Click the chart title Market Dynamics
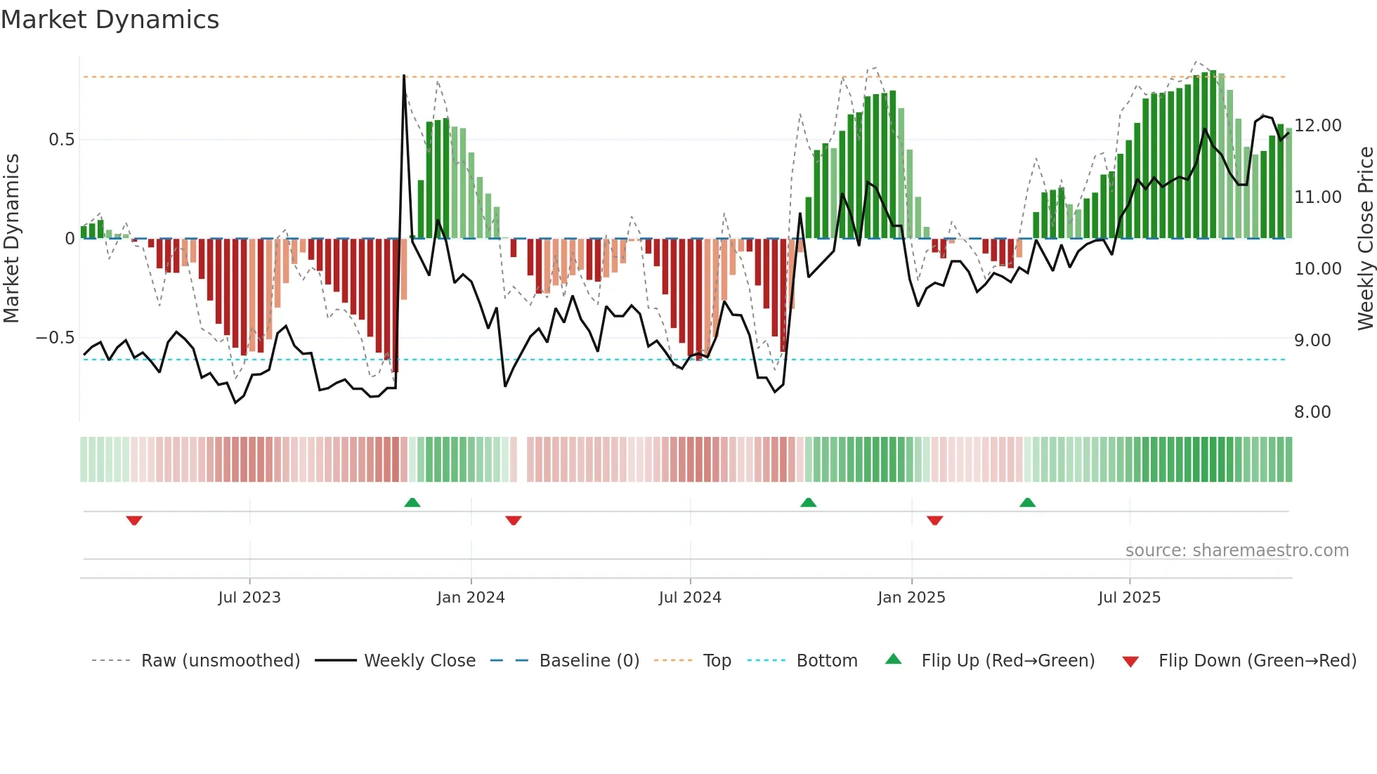[110, 20]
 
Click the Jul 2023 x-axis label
[249, 598]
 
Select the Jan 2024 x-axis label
[471, 598]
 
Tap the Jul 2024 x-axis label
[690, 598]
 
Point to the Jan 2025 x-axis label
[911, 598]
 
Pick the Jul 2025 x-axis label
[1130, 598]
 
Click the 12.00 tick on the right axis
[1318, 126]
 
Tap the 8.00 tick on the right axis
[1312, 412]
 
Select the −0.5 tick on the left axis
[56, 338]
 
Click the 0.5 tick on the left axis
[62, 140]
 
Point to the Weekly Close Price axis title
[1366, 239]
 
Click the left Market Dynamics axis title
[11, 239]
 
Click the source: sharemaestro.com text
[1236, 551]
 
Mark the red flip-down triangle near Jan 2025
[934, 520]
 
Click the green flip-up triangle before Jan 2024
[412, 502]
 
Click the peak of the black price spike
[404, 76]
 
